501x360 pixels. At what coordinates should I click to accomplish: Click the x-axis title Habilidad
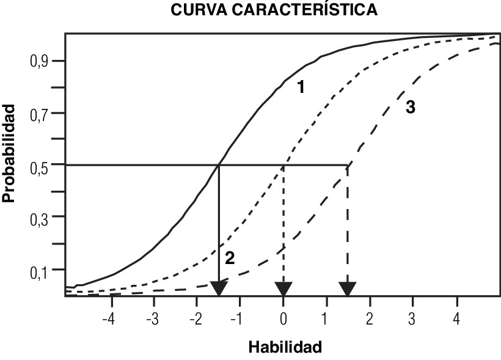[285, 347]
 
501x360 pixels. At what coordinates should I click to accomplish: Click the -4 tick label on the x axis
[109, 319]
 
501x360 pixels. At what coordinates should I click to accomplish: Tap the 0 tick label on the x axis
[283, 319]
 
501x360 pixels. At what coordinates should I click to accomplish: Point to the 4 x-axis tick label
[456, 319]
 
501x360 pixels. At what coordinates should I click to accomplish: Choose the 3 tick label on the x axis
[412, 319]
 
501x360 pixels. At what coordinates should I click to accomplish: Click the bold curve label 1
[301, 88]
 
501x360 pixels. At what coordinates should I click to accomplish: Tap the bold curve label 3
[410, 107]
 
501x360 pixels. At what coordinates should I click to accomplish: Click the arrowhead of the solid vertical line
[219, 288]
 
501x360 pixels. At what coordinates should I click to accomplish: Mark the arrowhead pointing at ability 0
[283, 288]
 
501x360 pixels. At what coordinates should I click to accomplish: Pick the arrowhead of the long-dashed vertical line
[348, 288]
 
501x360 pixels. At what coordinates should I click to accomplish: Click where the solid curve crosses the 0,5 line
[219, 164]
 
